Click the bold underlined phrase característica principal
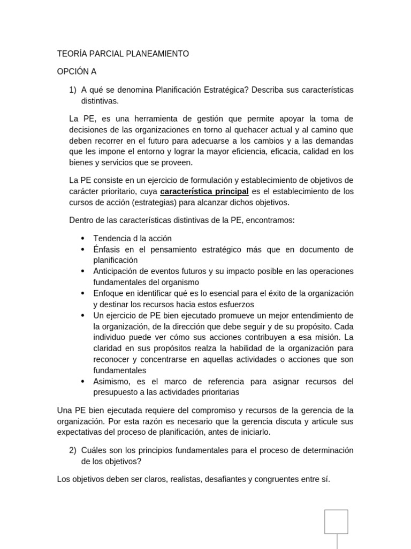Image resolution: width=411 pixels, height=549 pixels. click(x=204, y=191)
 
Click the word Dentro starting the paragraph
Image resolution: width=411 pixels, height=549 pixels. click(x=82, y=220)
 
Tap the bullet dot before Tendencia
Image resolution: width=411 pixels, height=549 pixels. click(x=82, y=239)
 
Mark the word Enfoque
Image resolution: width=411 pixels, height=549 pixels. click(x=109, y=293)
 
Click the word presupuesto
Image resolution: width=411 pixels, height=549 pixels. click(x=116, y=392)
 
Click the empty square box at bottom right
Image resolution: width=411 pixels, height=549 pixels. click(x=336, y=522)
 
